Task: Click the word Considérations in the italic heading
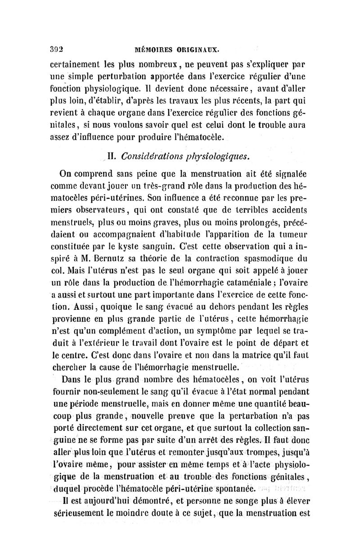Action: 150,157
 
